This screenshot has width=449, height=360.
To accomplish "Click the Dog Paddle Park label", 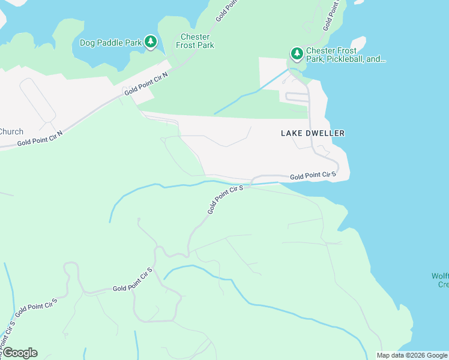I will point(111,43).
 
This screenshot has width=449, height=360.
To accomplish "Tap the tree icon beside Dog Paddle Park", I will point(151,42).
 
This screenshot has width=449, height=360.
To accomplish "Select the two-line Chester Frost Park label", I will point(195,41).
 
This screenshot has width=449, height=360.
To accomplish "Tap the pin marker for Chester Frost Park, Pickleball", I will point(297,54).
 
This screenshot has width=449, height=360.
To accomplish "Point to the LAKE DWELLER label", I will point(313,133).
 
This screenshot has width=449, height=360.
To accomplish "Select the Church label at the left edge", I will point(11,132).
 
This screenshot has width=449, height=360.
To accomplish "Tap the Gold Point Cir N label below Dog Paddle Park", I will point(146,83).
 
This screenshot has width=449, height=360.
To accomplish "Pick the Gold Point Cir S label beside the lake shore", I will point(312,175).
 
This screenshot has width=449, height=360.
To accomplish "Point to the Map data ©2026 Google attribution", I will point(412,355).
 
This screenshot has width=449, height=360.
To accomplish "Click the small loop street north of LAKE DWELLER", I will point(297,96).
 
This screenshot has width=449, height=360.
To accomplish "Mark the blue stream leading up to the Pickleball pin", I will point(252,93).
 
